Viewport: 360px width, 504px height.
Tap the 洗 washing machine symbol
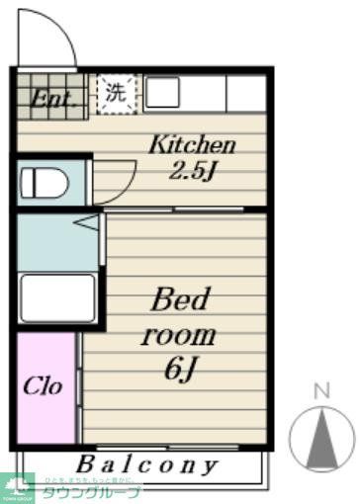coord(116,94)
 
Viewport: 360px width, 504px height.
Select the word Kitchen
coord(192,144)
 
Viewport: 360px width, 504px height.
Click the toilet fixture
coord(45,183)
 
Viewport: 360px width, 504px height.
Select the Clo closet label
coord(44,385)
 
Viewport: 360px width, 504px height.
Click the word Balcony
coord(147,463)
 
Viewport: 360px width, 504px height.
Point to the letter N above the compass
coord(319,390)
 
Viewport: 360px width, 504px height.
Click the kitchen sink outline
coord(163,93)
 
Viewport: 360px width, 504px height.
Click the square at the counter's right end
coord(246,93)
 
